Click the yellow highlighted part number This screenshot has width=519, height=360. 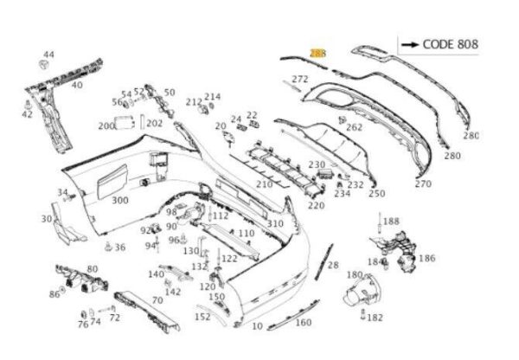point(317,54)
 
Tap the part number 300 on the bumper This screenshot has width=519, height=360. point(120,200)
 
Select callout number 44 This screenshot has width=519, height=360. point(48,55)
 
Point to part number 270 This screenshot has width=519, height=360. point(422,183)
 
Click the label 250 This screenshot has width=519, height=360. point(376,194)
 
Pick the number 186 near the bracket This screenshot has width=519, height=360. point(426,258)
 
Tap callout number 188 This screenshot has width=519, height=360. point(391,222)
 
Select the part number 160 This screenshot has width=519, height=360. point(303,323)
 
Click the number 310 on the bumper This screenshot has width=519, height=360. point(274,224)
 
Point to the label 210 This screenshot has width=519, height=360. point(264,184)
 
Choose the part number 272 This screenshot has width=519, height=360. point(299,80)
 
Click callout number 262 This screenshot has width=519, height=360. point(354,126)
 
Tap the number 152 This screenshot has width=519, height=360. point(202,317)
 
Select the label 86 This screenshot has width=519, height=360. point(54,294)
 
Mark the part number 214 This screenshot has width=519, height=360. point(213,97)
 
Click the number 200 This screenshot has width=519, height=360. point(106,125)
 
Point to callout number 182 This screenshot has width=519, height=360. point(375,318)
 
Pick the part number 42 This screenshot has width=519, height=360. point(27,113)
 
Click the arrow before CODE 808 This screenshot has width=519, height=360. point(410,44)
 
